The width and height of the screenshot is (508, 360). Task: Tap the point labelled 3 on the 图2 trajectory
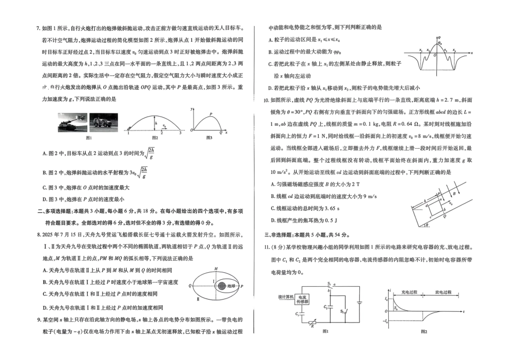(180, 133)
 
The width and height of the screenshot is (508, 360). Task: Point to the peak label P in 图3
(211, 113)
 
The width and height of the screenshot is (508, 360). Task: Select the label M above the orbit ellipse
(199, 269)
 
